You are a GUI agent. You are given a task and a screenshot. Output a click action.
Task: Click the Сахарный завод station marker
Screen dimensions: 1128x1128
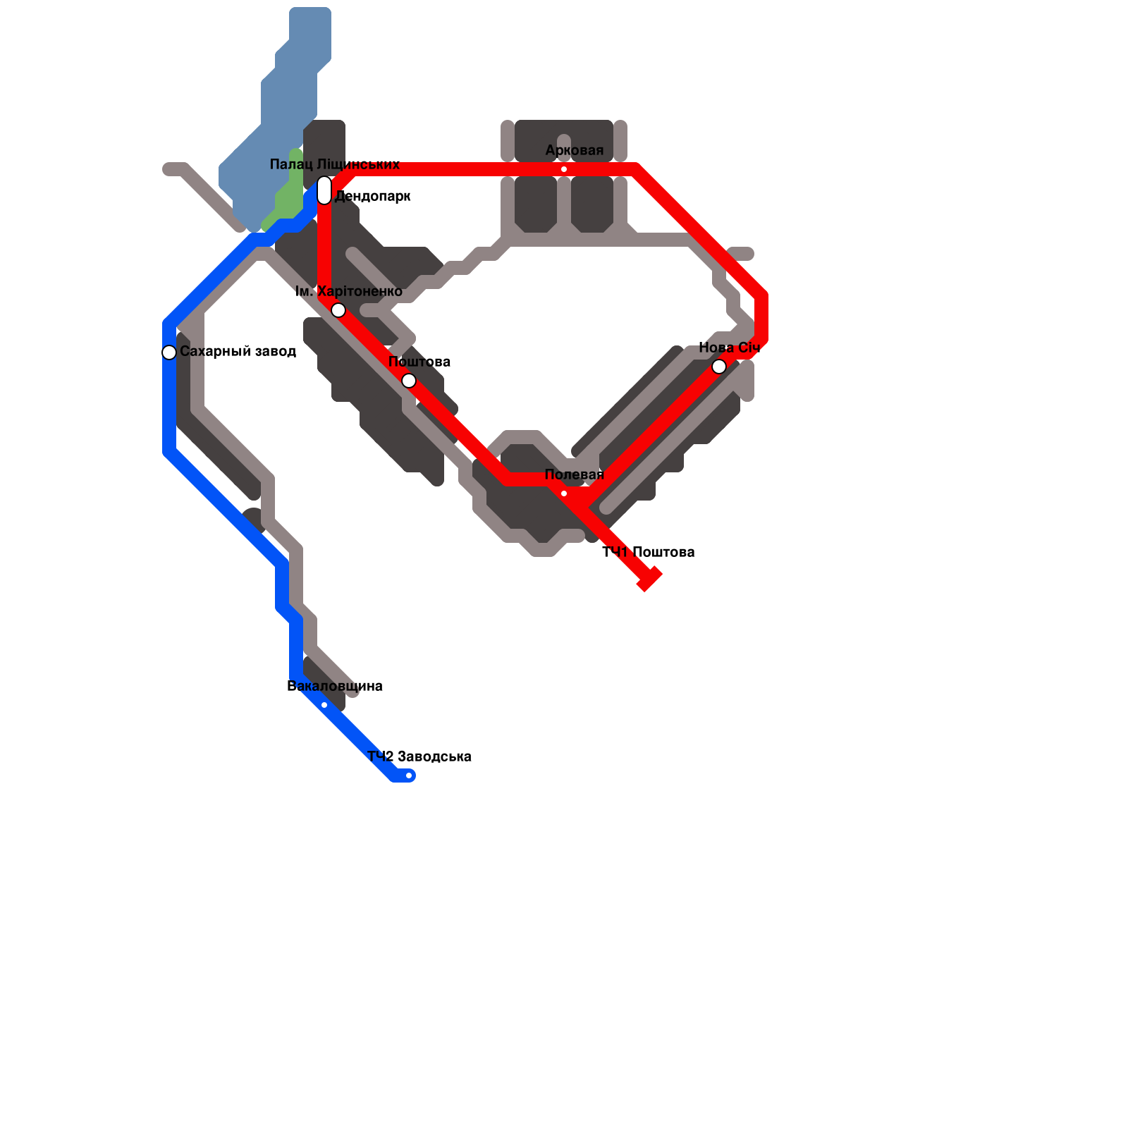169,352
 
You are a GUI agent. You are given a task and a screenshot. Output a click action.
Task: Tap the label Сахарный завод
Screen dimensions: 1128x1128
238,351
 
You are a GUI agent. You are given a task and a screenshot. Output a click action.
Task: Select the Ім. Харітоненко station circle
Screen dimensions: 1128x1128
338,310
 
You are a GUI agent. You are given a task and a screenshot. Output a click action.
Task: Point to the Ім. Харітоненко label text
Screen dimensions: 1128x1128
348,292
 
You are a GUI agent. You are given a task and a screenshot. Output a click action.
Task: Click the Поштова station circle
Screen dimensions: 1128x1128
409,381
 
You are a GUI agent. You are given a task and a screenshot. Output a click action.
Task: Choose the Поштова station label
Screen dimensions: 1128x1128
419,362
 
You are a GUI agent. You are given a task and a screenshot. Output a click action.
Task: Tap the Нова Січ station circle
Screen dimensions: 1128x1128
719,367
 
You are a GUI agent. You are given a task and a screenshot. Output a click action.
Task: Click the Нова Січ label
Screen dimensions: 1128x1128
729,348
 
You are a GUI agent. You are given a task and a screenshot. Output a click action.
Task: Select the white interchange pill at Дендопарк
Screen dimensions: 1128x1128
324,190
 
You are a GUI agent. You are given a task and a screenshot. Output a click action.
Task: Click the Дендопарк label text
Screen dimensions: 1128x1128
372,197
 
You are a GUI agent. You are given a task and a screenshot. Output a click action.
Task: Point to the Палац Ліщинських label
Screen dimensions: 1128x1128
335,165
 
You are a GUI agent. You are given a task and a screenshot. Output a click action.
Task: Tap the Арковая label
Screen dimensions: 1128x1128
575,151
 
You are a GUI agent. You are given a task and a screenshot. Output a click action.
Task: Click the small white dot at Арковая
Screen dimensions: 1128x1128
564,169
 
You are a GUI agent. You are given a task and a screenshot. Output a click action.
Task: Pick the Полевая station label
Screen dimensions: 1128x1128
575,475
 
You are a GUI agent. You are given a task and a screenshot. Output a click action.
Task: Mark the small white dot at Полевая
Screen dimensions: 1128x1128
564,493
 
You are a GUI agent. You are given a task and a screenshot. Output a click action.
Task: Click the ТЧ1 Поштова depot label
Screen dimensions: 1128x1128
649,552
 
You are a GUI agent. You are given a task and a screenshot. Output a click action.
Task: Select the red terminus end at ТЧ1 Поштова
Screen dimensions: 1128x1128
649,579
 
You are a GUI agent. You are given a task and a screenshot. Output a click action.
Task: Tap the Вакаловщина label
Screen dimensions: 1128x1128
335,687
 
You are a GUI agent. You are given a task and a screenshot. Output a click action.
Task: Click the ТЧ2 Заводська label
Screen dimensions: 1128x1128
419,757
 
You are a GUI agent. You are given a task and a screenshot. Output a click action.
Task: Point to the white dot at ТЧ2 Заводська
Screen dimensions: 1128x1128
409,775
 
